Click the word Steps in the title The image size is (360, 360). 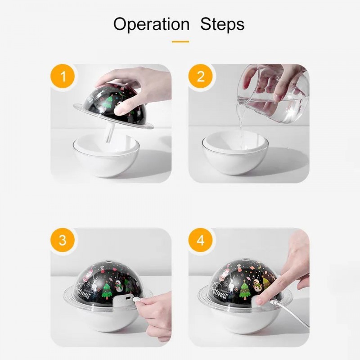222,24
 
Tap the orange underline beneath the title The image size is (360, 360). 180,42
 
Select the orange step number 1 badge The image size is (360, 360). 63,76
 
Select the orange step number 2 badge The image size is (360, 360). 200,76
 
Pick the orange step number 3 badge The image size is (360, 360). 63,240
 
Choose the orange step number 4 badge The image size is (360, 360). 200,240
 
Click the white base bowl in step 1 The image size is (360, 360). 106,156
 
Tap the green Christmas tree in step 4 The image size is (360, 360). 245,290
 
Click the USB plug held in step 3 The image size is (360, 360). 137,300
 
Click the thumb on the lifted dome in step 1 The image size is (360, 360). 125,108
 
